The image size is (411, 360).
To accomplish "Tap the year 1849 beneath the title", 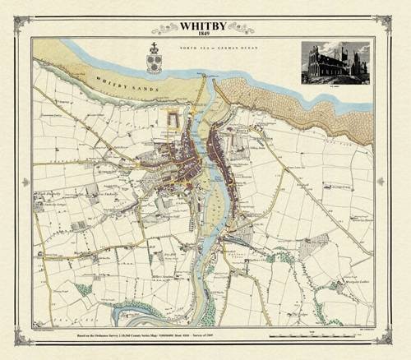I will point(203,34).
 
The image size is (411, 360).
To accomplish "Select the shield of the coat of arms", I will point(153,62).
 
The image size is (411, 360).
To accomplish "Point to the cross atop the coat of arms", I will point(153,47).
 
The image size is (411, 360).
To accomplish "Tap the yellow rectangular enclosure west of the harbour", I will point(173,119).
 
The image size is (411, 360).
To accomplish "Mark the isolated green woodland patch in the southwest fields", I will point(83,289).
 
